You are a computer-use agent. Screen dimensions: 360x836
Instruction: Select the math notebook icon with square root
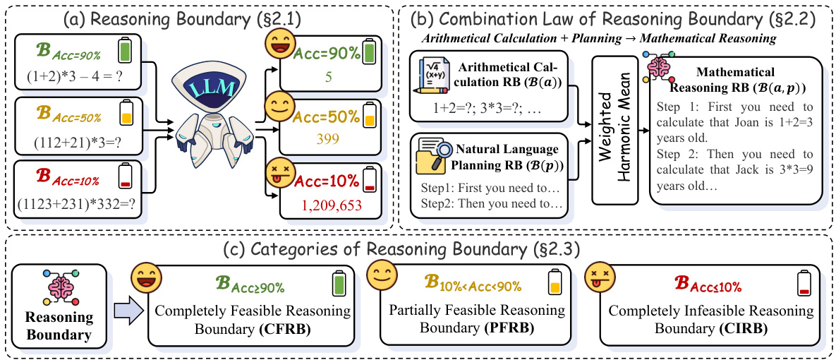[x=435, y=83]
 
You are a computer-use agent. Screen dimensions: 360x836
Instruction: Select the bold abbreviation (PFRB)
[x=509, y=328]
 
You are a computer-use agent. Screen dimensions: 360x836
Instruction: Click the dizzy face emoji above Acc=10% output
[x=277, y=173]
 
